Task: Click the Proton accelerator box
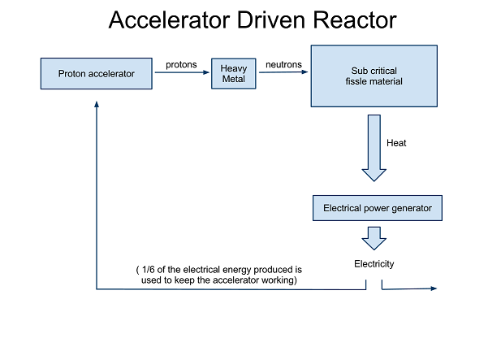tap(96, 74)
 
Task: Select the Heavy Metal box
tap(234, 74)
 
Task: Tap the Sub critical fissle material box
tap(375, 76)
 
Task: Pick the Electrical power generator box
tap(378, 208)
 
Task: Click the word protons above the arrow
tap(181, 64)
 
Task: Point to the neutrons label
tap(284, 64)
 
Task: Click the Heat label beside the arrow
tap(396, 143)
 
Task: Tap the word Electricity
tap(374, 264)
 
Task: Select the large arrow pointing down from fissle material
tap(374, 147)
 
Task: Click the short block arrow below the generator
tap(374, 237)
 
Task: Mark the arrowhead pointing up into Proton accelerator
tap(97, 103)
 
